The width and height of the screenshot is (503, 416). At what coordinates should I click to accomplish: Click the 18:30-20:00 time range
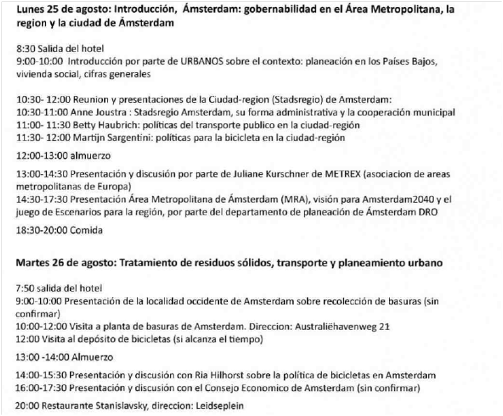[39, 229]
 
